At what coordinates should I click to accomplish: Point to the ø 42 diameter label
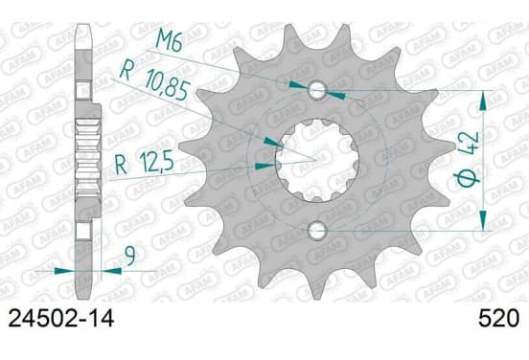pos(470,160)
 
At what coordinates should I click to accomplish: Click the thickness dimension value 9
pos(130,256)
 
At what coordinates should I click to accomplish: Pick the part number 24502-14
pos(61,318)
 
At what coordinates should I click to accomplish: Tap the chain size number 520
pos(498,318)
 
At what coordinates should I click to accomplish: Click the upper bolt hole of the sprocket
pos(317,90)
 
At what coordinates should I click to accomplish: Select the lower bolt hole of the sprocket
pos(317,231)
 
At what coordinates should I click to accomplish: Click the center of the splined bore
pos(316,161)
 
